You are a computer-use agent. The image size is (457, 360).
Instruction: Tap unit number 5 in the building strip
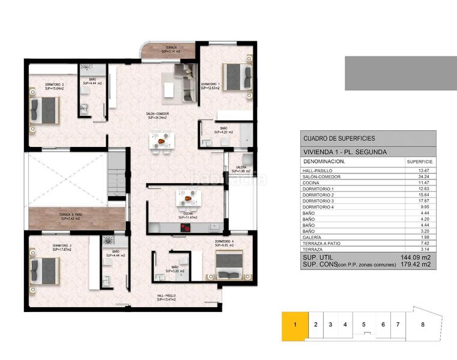tap(363, 325)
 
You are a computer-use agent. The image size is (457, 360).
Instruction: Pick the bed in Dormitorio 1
tap(238, 76)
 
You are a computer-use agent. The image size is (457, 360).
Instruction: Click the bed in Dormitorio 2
tap(46, 111)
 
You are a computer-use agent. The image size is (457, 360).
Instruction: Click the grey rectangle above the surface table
tap(401, 73)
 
